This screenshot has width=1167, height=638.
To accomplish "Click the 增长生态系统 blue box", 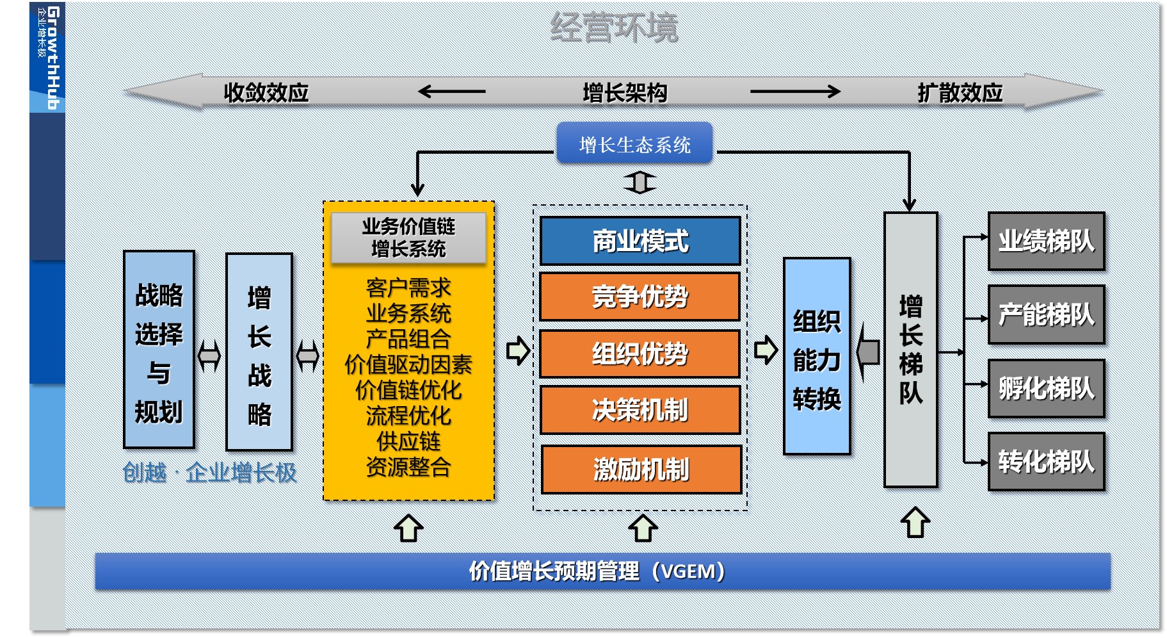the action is (634, 143).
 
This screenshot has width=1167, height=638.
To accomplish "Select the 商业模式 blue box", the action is (640, 241).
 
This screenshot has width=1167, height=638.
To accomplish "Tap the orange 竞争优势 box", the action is (640, 297).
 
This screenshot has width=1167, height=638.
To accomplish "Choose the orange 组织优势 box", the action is (640, 354).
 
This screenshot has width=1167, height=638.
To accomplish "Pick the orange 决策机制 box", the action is (641, 410).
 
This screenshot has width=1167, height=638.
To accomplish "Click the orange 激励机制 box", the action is (641, 470).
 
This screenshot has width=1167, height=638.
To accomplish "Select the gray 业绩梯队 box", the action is (1047, 241).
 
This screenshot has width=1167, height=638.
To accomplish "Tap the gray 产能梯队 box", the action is (1047, 315).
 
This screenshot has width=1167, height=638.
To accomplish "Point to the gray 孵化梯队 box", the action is (1047, 388).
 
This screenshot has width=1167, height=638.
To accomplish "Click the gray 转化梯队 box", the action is (1047, 461).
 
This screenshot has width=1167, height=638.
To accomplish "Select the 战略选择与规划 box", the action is (159, 349).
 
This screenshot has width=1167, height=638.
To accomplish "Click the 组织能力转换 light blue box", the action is (817, 356).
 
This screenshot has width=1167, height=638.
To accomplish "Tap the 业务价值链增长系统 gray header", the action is (408, 238).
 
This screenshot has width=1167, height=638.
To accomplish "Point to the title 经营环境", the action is (614, 28).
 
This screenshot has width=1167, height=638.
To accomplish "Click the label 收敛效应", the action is (266, 93).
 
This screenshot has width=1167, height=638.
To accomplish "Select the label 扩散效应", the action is (960, 93).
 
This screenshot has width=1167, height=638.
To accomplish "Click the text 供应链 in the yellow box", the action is (408, 441).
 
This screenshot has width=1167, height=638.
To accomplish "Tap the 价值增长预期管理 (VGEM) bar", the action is (602, 571).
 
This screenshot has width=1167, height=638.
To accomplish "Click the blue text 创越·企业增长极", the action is (209, 473).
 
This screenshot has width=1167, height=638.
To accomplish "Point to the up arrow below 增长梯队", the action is (915, 522).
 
